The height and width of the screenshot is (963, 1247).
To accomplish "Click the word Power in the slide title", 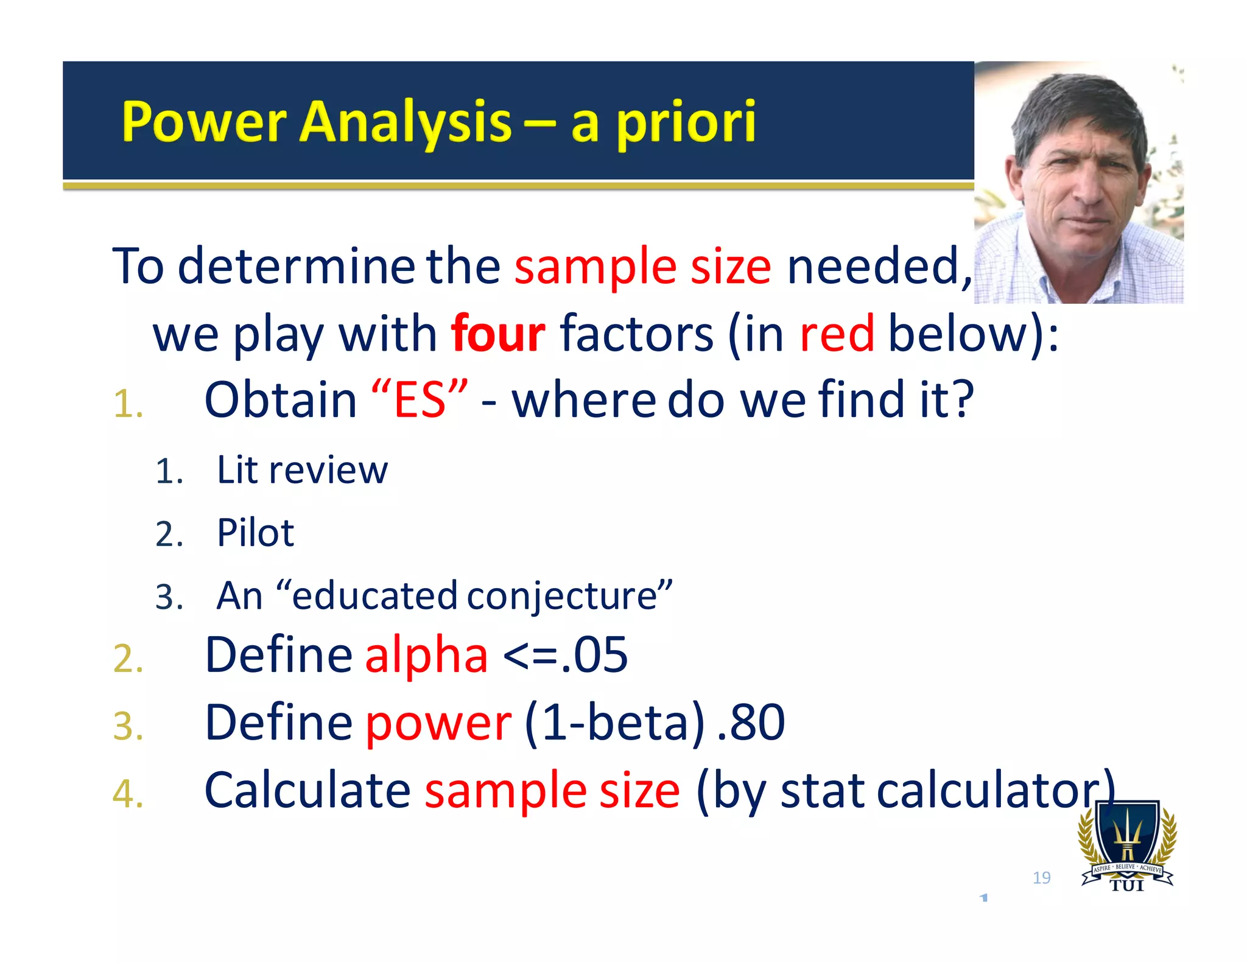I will pos(204,122).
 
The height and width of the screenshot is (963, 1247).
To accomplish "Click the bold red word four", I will pos(497,334).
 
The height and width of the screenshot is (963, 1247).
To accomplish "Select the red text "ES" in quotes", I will pos(420,400).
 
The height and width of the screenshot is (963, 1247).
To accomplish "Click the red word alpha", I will pos(426,655).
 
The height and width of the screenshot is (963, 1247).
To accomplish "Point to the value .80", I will pos(751,723).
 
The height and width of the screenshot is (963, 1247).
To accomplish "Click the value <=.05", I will pos(565,655).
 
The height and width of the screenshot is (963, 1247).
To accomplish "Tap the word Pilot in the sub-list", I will pos(255,533).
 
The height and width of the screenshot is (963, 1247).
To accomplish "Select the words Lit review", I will pos(301,470).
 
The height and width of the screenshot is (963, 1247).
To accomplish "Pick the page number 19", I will pos(1041,878).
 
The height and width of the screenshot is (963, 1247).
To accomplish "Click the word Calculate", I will pos(307,790).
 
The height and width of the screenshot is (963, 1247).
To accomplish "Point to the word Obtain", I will pos(281,400).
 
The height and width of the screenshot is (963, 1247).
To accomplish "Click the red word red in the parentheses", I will pos(837,334).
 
